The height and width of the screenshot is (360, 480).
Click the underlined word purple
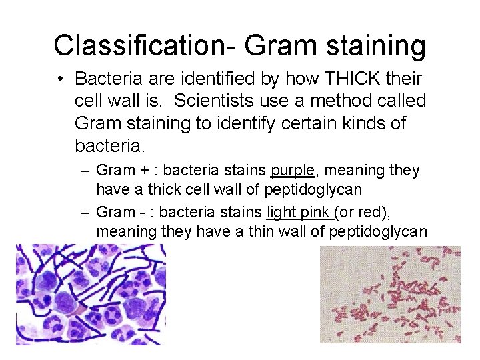click(292, 171)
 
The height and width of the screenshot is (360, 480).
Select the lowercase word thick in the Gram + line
click(164, 190)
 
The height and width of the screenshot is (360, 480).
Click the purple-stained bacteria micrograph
click(91, 294)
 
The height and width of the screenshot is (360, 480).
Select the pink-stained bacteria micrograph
click(390, 294)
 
